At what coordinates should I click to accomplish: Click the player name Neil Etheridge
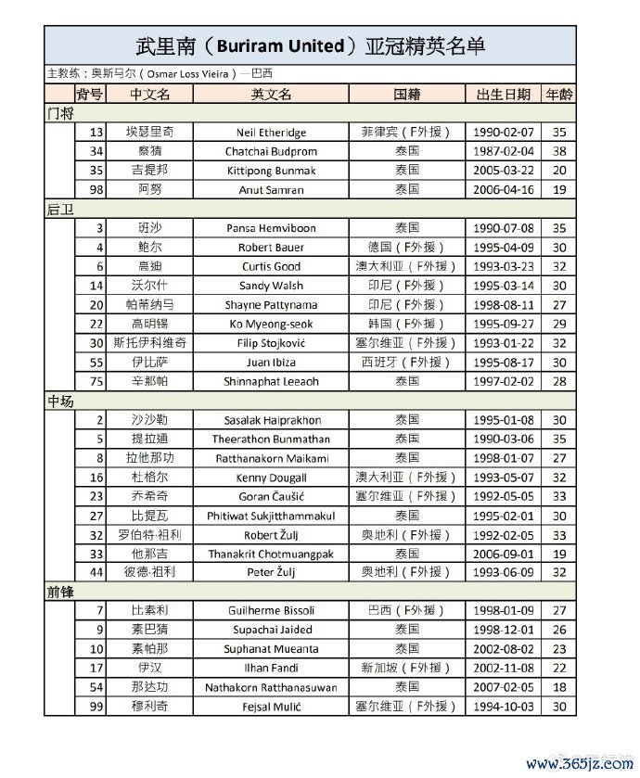(x=271, y=133)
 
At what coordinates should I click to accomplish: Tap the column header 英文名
(x=271, y=95)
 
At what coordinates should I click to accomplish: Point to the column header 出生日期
(x=503, y=95)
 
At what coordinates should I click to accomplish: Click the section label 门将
(x=60, y=113)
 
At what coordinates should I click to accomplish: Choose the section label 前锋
(x=60, y=591)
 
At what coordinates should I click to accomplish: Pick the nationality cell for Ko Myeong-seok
(x=406, y=324)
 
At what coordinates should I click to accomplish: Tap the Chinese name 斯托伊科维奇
(x=149, y=343)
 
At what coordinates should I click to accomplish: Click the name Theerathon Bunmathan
(x=271, y=440)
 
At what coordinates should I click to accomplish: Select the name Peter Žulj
(x=271, y=572)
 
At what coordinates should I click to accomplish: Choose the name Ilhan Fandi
(x=271, y=668)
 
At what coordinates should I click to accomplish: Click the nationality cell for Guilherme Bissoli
(x=406, y=610)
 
